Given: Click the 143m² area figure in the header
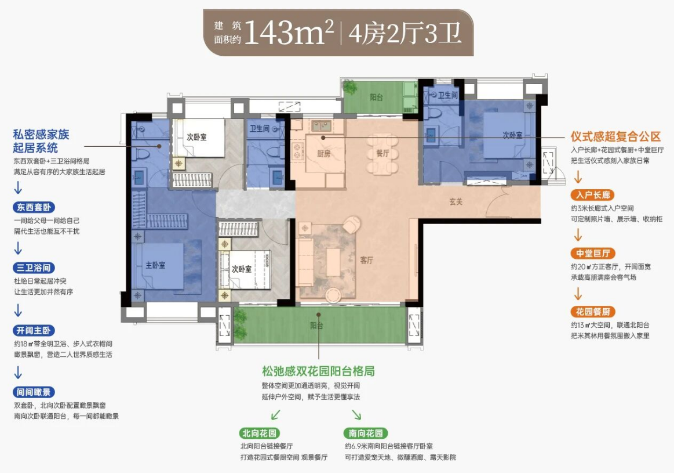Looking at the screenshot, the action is pyautogui.click(x=289, y=33).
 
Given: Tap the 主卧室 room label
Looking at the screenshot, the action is pyautogui.click(x=155, y=265).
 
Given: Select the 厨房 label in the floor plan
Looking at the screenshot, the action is pyautogui.click(x=324, y=154).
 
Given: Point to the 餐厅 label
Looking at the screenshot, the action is pyautogui.click(x=382, y=153).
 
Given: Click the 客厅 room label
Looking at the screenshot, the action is pyautogui.click(x=367, y=260).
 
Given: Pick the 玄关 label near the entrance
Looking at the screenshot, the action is pyautogui.click(x=456, y=201).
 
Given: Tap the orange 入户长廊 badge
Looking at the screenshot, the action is pyautogui.click(x=593, y=195).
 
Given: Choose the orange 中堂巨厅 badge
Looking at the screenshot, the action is pyautogui.click(x=593, y=254).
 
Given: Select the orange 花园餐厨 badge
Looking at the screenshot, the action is pyautogui.click(x=593, y=312).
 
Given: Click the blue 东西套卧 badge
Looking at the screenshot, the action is pyautogui.click(x=34, y=207).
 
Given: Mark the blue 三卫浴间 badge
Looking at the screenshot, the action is pyautogui.click(x=34, y=268).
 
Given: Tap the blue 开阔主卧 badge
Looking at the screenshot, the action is pyautogui.click(x=34, y=331).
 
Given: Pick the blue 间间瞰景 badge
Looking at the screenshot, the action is pyautogui.click(x=34, y=392).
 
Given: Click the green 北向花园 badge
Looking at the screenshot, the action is pyautogui.click(x=259, y=433).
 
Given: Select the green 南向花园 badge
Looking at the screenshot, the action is pyautogui.click(x=366, y=433).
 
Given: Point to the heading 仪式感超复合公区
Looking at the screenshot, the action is pyautogui.click(x=615, y=137).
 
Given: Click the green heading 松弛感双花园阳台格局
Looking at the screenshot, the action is pyautogui.click(x=318, y=371).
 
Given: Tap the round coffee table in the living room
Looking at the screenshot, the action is pyautogui.click(x=333, y=295).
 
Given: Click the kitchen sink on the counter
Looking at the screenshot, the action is pyautogui.click(x=321, y=126).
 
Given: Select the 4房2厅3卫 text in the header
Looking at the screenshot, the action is pyautogui.click(x=405, y=34).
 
